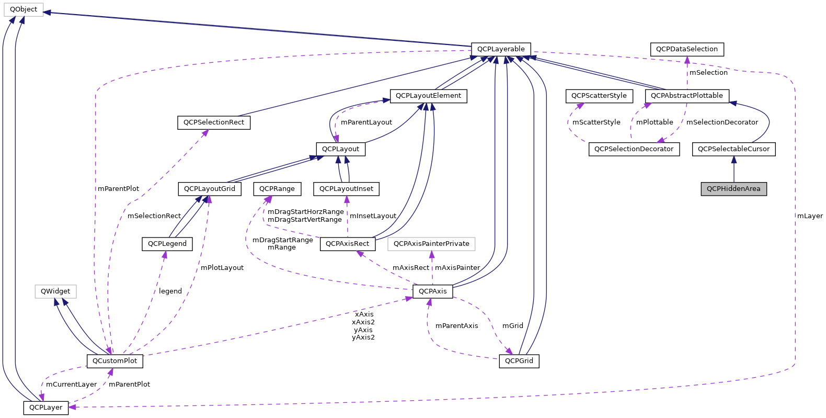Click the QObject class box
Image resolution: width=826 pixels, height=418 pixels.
[x=24, y=9]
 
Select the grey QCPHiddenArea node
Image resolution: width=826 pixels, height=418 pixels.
[x=733, y=189]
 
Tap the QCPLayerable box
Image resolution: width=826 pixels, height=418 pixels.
[x=501, y=49]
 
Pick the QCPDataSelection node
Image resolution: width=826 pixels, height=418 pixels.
[x=687, y=49]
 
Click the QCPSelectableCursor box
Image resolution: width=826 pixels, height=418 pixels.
[x=733, y=149]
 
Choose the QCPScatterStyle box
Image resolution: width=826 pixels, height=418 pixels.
[x=599, y=96]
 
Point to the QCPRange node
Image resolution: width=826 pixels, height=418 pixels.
[x=277, y=189]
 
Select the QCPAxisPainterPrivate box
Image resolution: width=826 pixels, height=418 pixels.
[x=431, y=244]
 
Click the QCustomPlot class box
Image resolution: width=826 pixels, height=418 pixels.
[x=114, y=360]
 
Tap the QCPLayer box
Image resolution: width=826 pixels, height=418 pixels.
[x=45, y=408]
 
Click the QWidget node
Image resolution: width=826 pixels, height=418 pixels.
[x=55, y=291]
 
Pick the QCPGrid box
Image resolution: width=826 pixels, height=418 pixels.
[x=519, y=361]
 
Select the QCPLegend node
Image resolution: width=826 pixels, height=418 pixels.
[x=167, y=244]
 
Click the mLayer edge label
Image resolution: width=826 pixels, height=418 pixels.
[x=810, y=216]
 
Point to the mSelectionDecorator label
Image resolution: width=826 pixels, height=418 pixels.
[x=722, y=122]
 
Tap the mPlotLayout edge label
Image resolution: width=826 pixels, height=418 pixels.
[x=222, y=268]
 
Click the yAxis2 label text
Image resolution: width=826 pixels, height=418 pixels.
[x=363, y=337]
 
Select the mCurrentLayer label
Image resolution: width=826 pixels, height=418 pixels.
[x=72, y=385]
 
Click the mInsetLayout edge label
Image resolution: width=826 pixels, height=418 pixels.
[x=373, y=216]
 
